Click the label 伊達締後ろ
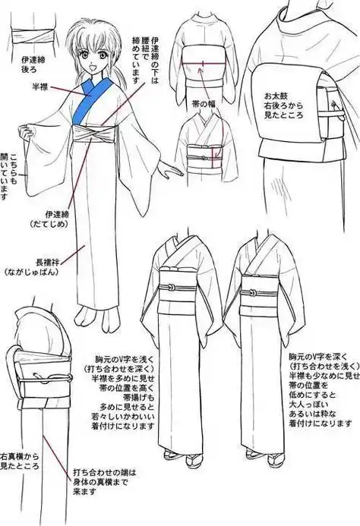point(43,61)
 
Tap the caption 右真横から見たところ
point(22,459)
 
